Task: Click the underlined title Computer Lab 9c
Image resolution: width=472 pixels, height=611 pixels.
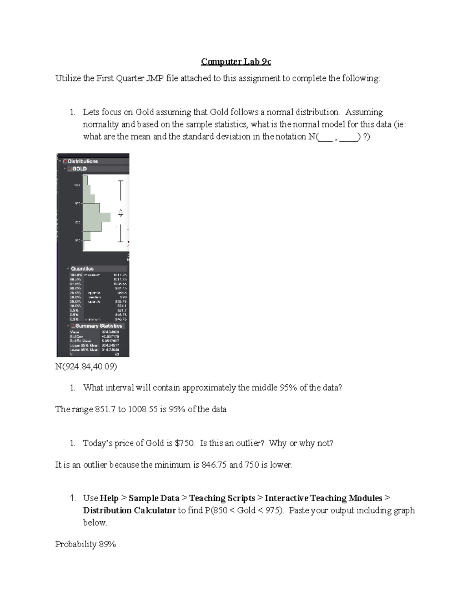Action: pyautogui.click(x=236, y=62)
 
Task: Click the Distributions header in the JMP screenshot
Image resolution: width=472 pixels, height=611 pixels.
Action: pyautogui.click(x=83, y=161)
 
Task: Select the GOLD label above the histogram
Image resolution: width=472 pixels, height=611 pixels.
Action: pyautogui.click(x=79, y=169)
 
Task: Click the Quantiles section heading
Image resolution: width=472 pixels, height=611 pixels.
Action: pyautogui.click(x=82, y=269)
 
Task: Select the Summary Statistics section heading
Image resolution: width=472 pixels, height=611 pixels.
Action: pyautogui.click(x=99, y=326)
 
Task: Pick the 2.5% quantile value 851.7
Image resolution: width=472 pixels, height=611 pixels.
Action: pyautogui.click(x=122, y=310)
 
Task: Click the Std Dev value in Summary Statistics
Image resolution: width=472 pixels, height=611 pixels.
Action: pyautogui.click(x=111, y=336)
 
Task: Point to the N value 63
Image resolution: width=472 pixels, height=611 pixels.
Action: pyautogui.click(x=117, y=354)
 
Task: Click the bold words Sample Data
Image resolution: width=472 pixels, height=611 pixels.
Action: pyautogui.click(x=154, y=498)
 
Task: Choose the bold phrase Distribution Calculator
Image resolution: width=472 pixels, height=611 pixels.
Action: pyautogui.click(x=129, y=510)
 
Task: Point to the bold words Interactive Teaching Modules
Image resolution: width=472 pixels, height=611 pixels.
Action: pyautogui.click(x=323, y=498)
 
